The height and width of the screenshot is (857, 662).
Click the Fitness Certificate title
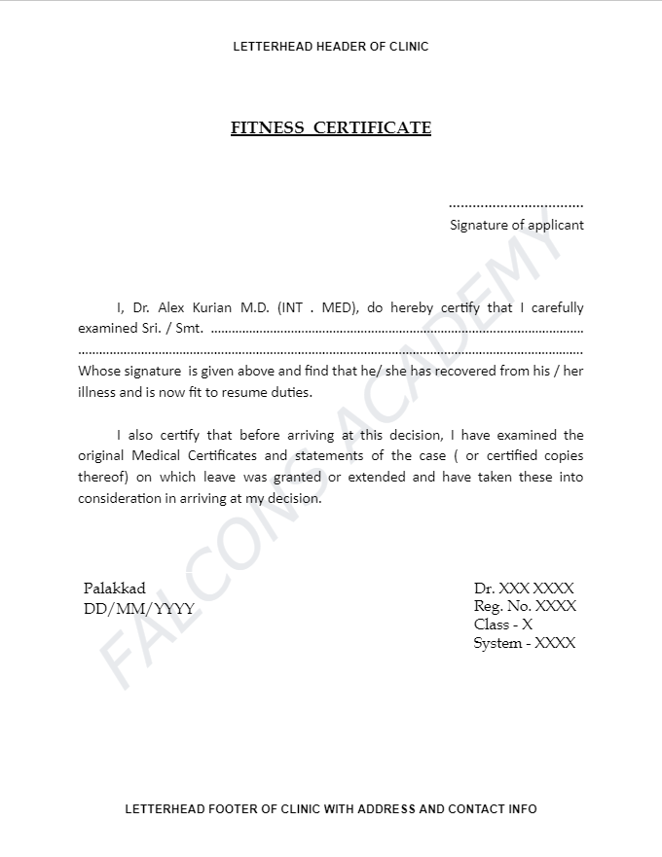point(331,128)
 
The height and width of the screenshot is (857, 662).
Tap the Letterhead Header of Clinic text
point(331,47)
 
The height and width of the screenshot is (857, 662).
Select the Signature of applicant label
point(517,225)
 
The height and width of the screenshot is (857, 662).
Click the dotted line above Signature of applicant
point(516,206)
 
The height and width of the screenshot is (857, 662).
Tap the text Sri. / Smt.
point(172,328)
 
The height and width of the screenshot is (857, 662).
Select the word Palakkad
point(115,589)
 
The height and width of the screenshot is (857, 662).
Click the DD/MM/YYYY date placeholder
point(138,609)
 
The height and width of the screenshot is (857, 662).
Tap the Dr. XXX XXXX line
point(524,589)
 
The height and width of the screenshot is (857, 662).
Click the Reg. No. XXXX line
point(525,606)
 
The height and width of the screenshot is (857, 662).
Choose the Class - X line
point(503,625)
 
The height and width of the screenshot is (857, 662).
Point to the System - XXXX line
point(525,643)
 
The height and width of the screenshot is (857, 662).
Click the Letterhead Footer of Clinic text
point(331,809)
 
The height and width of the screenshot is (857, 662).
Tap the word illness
point(96,393)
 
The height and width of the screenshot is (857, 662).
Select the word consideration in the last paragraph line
point(120,498)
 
